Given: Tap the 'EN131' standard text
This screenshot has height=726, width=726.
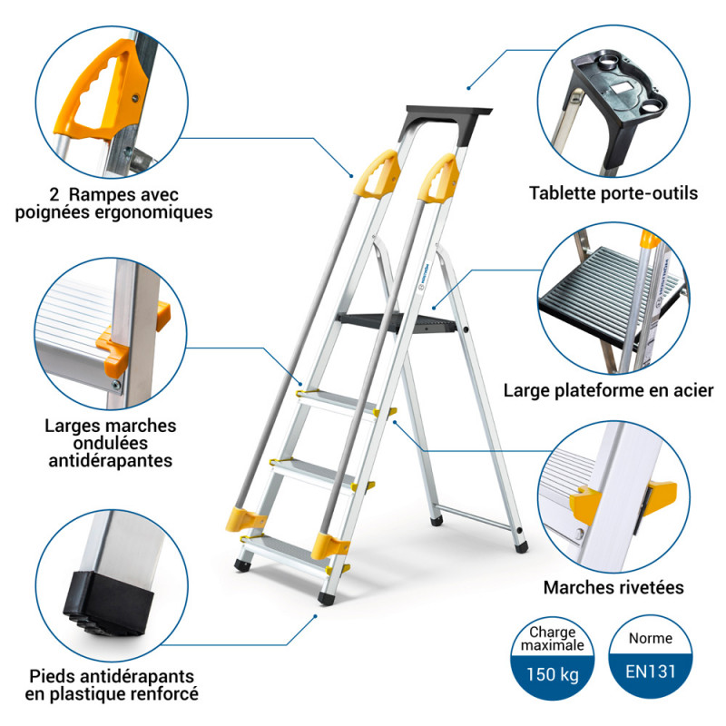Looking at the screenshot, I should (649, 673).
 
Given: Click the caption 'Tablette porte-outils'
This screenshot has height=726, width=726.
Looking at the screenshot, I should (613, 192).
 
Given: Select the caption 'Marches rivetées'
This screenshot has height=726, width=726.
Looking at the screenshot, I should (613, 587).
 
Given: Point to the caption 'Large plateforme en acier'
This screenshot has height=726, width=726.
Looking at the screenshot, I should (609, 390).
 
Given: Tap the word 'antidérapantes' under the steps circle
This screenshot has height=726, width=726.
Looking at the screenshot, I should (111, 460).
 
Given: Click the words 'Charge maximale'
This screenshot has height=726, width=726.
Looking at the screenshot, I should (554, 639).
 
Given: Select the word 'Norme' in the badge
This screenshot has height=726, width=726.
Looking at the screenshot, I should (650, 638).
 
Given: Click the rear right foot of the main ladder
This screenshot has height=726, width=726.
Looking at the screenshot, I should (520, 547).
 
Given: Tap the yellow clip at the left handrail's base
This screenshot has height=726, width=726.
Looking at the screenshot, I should (245, 521).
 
